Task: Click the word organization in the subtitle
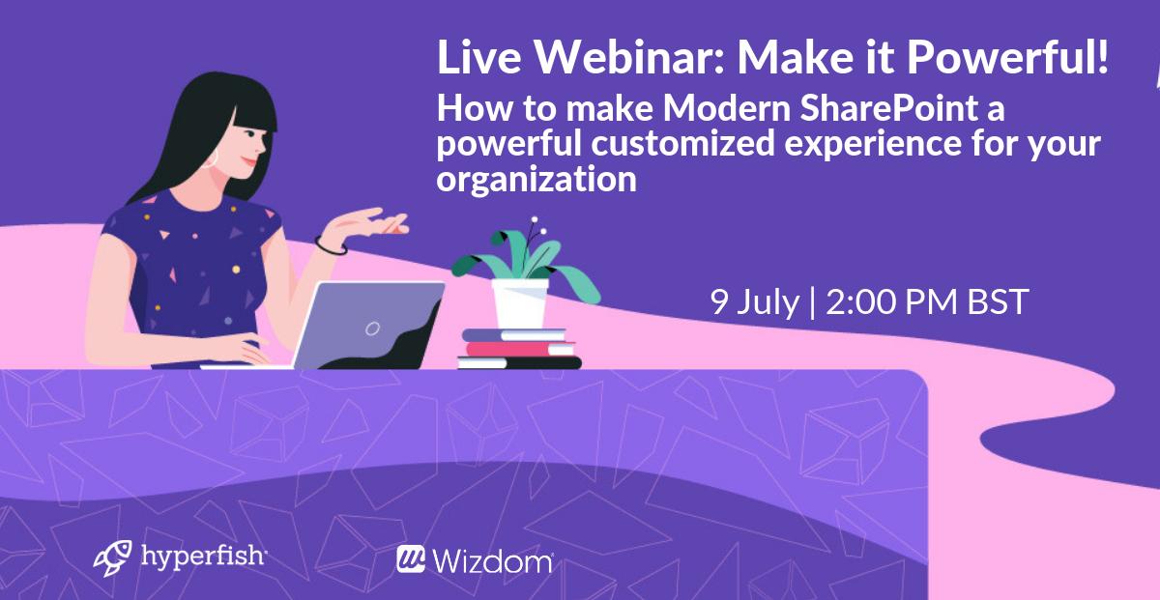(536, 179)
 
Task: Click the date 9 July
(754, 302)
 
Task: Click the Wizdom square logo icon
(411, 559)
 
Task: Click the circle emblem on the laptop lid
(372, 329)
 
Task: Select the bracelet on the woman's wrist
(332, 245)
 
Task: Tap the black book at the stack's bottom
(519, 363)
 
